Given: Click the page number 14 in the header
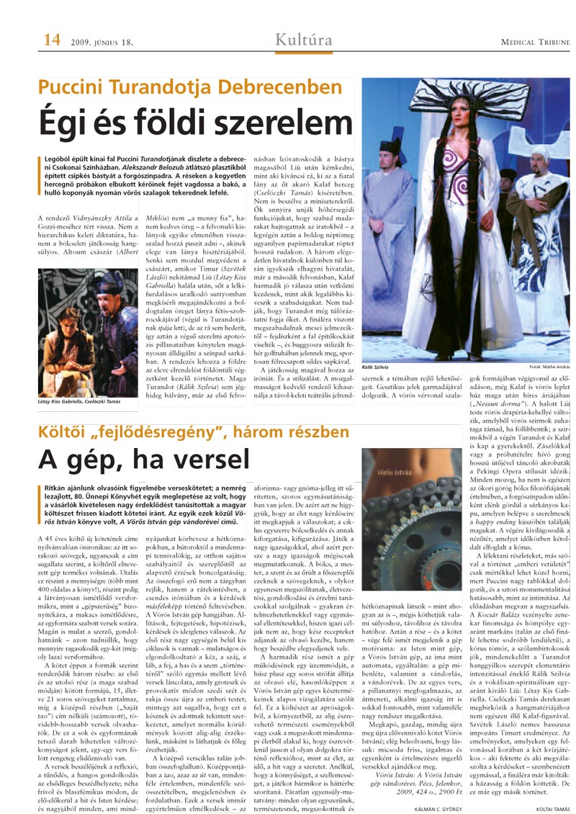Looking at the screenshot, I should pos(50,41).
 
